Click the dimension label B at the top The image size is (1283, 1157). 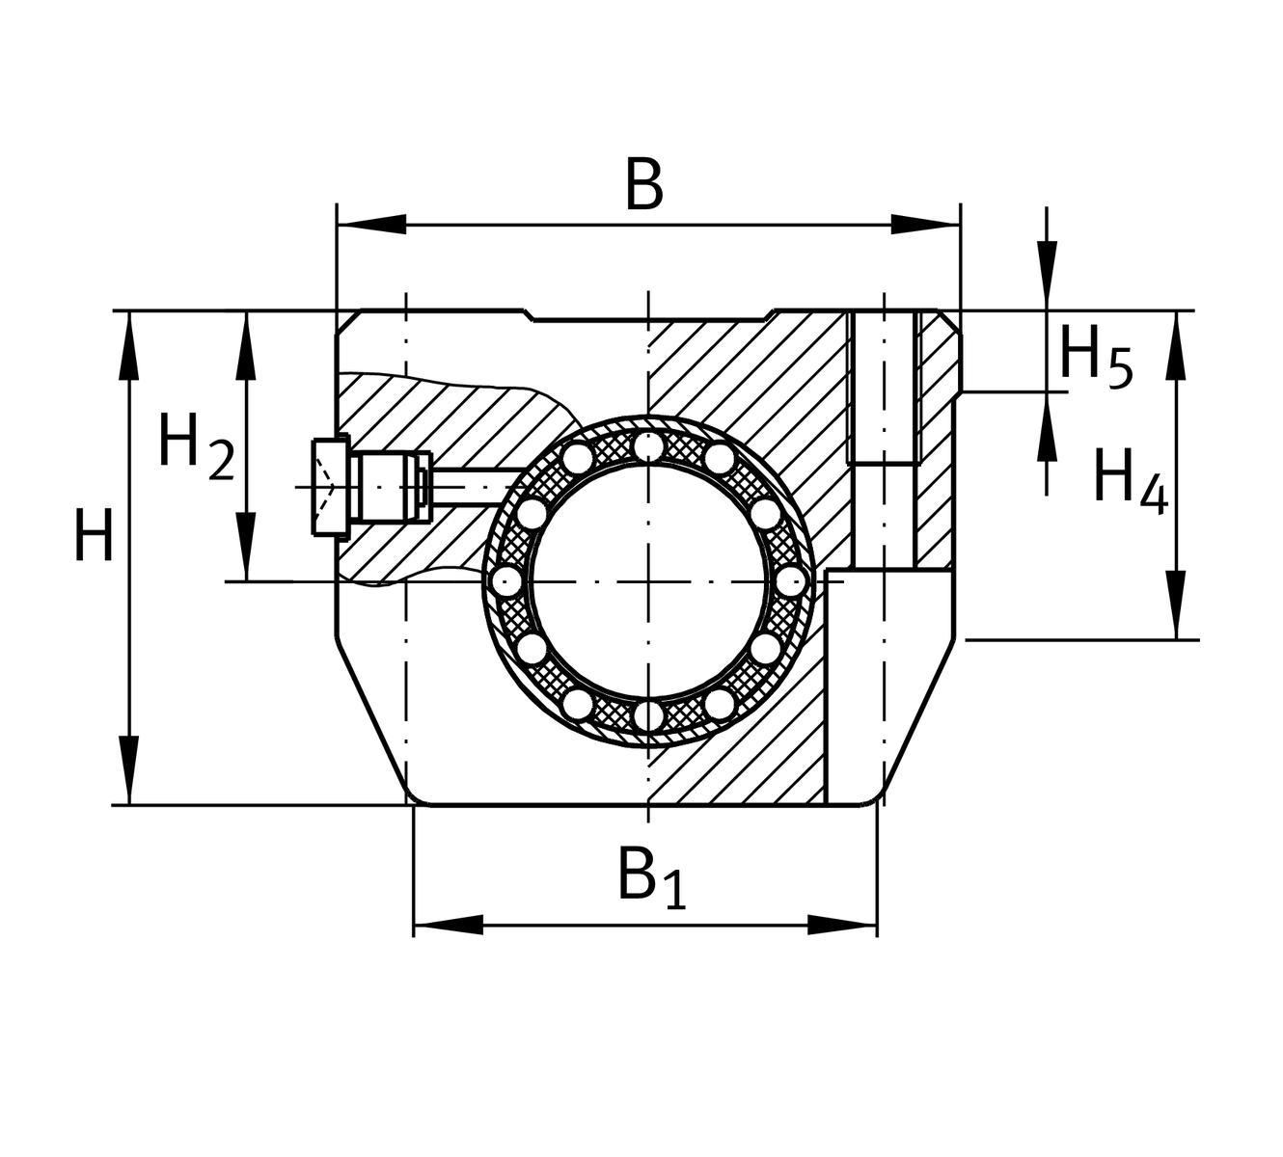click(644, 184)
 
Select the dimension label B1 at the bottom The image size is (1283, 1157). click(651, 875)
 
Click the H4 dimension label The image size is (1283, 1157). click(1130, 479)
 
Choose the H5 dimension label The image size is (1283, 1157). click(1095, 356)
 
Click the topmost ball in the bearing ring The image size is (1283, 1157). click(648, 447)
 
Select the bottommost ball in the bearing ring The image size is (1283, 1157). click(648, 715)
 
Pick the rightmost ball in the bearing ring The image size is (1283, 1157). click(791, 581)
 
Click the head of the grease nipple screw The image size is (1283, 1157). click(330, 487)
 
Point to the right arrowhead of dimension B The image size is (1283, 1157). click(926, 225)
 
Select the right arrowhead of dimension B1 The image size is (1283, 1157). click(842, 925)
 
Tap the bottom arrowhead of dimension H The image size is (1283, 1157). click(128, 770)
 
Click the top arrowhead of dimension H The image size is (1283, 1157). click(128, 345)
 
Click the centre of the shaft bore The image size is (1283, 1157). click(648, 581)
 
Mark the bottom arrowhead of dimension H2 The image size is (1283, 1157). click(247, 547)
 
